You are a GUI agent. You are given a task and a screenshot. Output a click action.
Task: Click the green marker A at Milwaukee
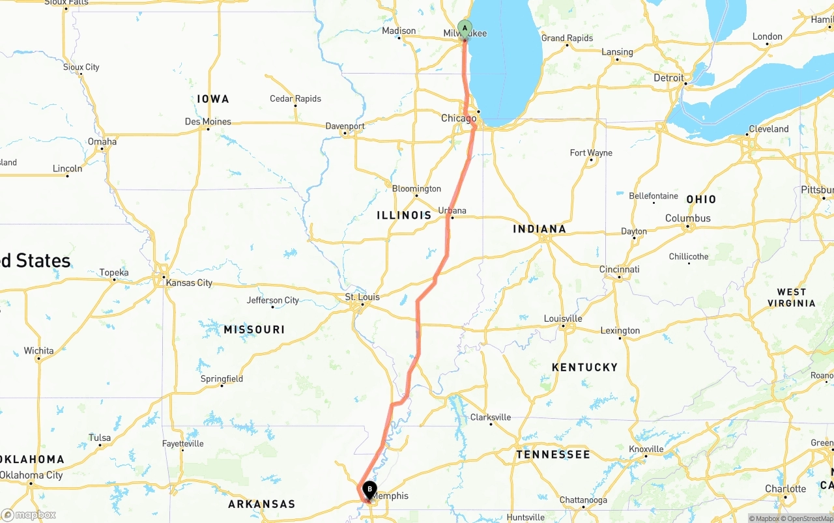pos(465,28)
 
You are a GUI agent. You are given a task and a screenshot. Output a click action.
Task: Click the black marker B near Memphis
pos(369,489)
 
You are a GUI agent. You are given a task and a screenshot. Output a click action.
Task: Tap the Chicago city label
pos(459,118)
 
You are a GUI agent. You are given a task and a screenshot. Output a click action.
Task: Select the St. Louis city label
pos(362,297)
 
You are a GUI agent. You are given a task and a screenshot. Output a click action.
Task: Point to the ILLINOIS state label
pos(404,215)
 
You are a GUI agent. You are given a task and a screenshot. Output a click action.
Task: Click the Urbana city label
pos(452,210)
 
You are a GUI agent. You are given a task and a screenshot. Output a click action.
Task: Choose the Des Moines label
pos(208,121)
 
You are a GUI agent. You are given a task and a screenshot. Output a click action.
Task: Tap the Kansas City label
pos(189,283)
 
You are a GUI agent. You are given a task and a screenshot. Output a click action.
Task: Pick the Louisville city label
pos(563,318)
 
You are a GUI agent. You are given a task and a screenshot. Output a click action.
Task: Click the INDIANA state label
pos(539,229)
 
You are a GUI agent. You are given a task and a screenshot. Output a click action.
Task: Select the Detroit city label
pos(669,78)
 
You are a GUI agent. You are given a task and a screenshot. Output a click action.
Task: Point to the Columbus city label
pos(688,218)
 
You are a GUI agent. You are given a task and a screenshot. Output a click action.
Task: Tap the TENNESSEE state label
pos(553,454)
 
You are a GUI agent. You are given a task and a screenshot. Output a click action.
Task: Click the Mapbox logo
pos(29,515)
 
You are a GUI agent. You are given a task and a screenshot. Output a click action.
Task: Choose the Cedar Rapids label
pos(296,98)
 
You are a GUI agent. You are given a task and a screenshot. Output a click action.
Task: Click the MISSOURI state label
pos(254,330)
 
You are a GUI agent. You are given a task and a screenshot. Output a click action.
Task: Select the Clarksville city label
pos(491,417)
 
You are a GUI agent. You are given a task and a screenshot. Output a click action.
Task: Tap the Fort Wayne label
pos(591,152)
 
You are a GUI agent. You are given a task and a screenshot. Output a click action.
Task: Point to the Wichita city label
pos(39,350)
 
